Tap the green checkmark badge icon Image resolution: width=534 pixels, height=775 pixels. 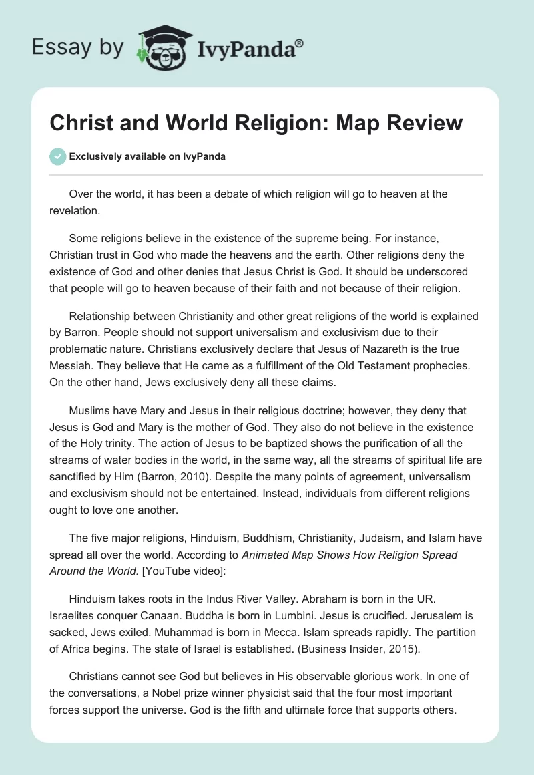pyautogui.click(x=57, y=156)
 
